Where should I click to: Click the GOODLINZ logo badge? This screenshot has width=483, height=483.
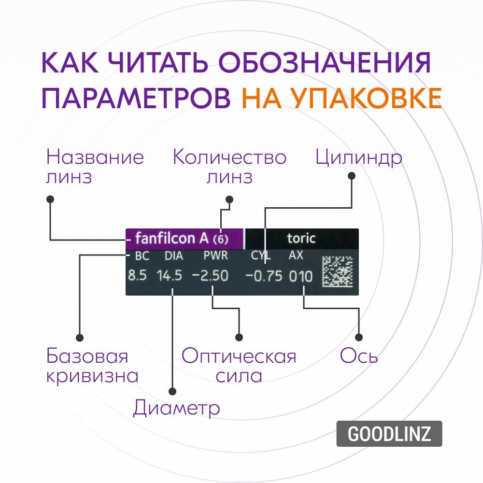pos(389,434)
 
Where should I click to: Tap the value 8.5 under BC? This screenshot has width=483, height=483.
pos(137,276)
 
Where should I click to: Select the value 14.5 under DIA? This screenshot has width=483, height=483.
pos(169,276)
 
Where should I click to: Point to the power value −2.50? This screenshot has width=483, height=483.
pos(210,276)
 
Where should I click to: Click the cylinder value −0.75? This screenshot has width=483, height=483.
pos(264,276)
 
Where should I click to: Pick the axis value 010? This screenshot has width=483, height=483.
pos(301,277)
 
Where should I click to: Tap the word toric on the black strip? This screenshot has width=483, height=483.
pos(301,238)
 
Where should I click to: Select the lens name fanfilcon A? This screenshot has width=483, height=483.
pos(171,238)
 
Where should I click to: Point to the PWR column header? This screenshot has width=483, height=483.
pos(215,256)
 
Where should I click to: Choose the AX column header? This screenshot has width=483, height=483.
pos(296,256)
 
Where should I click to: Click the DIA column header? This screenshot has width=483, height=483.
pos(174,256)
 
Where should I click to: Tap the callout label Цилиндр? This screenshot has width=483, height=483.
pos(358,158)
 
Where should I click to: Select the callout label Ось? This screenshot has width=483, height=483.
pos(359,357)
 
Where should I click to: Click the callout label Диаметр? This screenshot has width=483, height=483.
pos(176,409)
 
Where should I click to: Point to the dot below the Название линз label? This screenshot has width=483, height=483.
pos(50,199)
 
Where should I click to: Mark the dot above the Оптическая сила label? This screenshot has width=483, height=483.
pos(238,337)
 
